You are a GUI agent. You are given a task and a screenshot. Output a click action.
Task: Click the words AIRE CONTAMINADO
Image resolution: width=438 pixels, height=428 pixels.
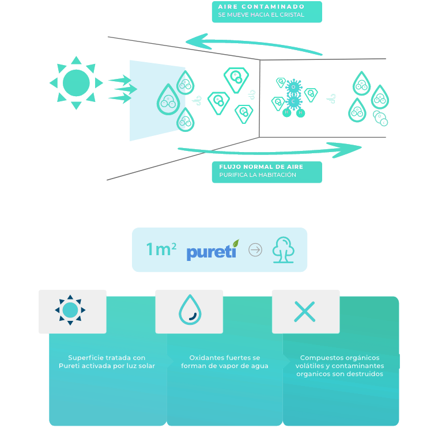point(261,7)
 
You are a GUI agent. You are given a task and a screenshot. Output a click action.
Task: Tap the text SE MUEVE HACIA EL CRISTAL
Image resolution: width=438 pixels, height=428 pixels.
point(261,15)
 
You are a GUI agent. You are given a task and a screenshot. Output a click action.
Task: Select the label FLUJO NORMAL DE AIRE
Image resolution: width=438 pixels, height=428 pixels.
point(261,166)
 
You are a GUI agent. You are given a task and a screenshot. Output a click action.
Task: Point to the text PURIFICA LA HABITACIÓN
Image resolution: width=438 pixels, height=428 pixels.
point(258,175)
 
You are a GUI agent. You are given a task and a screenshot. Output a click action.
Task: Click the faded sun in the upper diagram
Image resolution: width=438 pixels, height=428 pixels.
point(75,82)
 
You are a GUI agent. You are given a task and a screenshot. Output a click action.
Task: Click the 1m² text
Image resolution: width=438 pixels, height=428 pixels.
point(161,249)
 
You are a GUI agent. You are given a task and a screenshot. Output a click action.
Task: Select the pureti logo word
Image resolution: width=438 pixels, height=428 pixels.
point(210,252)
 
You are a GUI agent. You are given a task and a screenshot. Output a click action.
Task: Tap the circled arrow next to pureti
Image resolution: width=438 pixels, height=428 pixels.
point(255,250)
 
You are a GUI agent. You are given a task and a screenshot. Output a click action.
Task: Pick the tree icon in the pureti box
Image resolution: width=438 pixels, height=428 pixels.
point(284,250)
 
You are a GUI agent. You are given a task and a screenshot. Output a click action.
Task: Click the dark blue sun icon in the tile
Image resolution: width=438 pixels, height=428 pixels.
point(70,310)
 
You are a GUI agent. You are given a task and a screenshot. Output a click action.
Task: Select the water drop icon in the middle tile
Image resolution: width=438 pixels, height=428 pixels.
point(189,310)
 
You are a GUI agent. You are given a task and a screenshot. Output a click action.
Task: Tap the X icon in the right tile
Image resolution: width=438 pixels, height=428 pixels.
point(304,312)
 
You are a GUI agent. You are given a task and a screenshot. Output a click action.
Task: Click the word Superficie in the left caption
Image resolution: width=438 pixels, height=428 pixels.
point(86,358)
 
